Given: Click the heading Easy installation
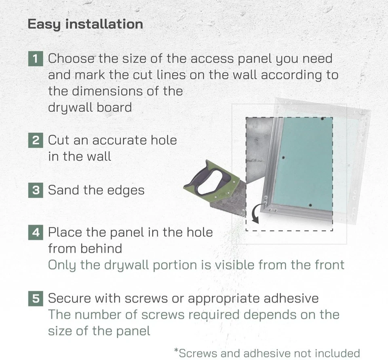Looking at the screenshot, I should tap(85, 24).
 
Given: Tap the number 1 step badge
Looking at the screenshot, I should tap(36, 59).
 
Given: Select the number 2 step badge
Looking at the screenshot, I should tap(36, 141).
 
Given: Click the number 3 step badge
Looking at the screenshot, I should tap(36, 190).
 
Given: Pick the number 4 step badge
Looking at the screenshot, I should tap(36, 233).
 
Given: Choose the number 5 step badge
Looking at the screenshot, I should tap(36, 299).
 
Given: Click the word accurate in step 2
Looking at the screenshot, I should tap(119, 140).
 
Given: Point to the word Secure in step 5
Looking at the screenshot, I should tap(69, 299).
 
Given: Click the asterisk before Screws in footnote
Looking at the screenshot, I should tap(176, 350).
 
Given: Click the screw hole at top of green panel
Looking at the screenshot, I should tap(321, 119).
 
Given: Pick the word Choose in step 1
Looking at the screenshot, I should tap(71, 59).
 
